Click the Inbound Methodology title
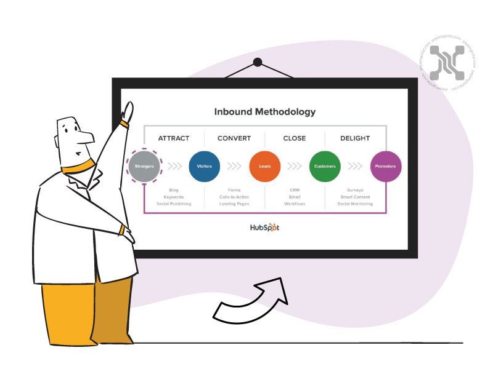pyautogui.click(x=265, y=112)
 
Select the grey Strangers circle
pyautogui.click(x=144, y=166)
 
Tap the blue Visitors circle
pyautogui.click(x=204, y=166)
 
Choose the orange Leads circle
pyautogui.click(x=265, y=166)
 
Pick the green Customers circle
pyautogui.click(x=325, y=166)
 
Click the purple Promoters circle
pyautogui.click(x=386, y=166)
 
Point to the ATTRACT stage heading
pyautogui.click(x=174, y=138)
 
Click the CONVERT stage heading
pyautogui.click(x=234, y=138)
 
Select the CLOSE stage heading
pyautogui.click(x=295, y=138)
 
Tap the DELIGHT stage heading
pyautogui.click(x=355, y=138)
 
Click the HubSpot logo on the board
pyautogui.click(x=264, y=227)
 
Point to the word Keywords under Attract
pyautogui.click(x=174, y=197)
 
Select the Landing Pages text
pyautogui.click(x=234, y=204)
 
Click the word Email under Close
pyautogui.click(x=295, y=197)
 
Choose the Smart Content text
pyautogui.click(x=355, y=197)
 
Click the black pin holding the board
pyautogui.click(x=258, y=62)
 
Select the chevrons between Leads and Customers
pyautogui.click(x=295, y=166)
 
